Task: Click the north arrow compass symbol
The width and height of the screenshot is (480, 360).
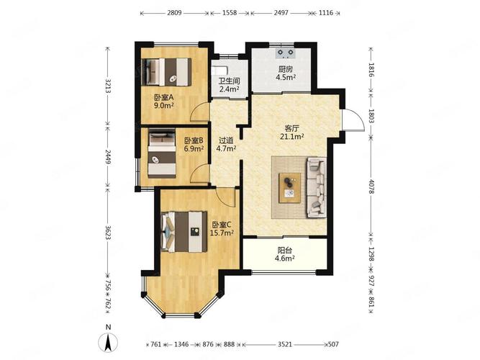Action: coord(108,342)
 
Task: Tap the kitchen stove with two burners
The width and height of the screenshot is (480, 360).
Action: coord(286,53)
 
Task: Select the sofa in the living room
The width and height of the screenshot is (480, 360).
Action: coord(317,187)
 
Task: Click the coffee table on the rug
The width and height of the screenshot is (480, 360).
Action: coord(289,188)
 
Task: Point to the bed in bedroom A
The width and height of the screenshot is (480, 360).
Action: coord(167,72)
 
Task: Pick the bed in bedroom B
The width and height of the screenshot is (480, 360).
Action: coord(162,153)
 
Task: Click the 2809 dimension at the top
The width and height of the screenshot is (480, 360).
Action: coord(174,13)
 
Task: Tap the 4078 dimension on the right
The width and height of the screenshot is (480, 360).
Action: coord(371,186)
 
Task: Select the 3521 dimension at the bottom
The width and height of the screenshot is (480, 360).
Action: coord(285,344)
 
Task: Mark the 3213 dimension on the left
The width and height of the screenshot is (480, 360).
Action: coord(107,86)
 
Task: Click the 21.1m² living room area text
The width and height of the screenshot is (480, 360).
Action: coord(291,137)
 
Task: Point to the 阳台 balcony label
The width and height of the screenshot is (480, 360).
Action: coord(285,251)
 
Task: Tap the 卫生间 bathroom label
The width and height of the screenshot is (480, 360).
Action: coord(229,81)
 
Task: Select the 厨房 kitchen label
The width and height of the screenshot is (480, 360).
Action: coord(285,69)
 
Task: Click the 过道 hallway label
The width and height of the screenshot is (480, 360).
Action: coord(226,140)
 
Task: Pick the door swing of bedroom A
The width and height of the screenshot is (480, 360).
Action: coord(199,112)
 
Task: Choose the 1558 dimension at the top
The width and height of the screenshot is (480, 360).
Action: coord(230,13)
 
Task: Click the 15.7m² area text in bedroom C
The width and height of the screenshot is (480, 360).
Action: coord(222,233)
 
